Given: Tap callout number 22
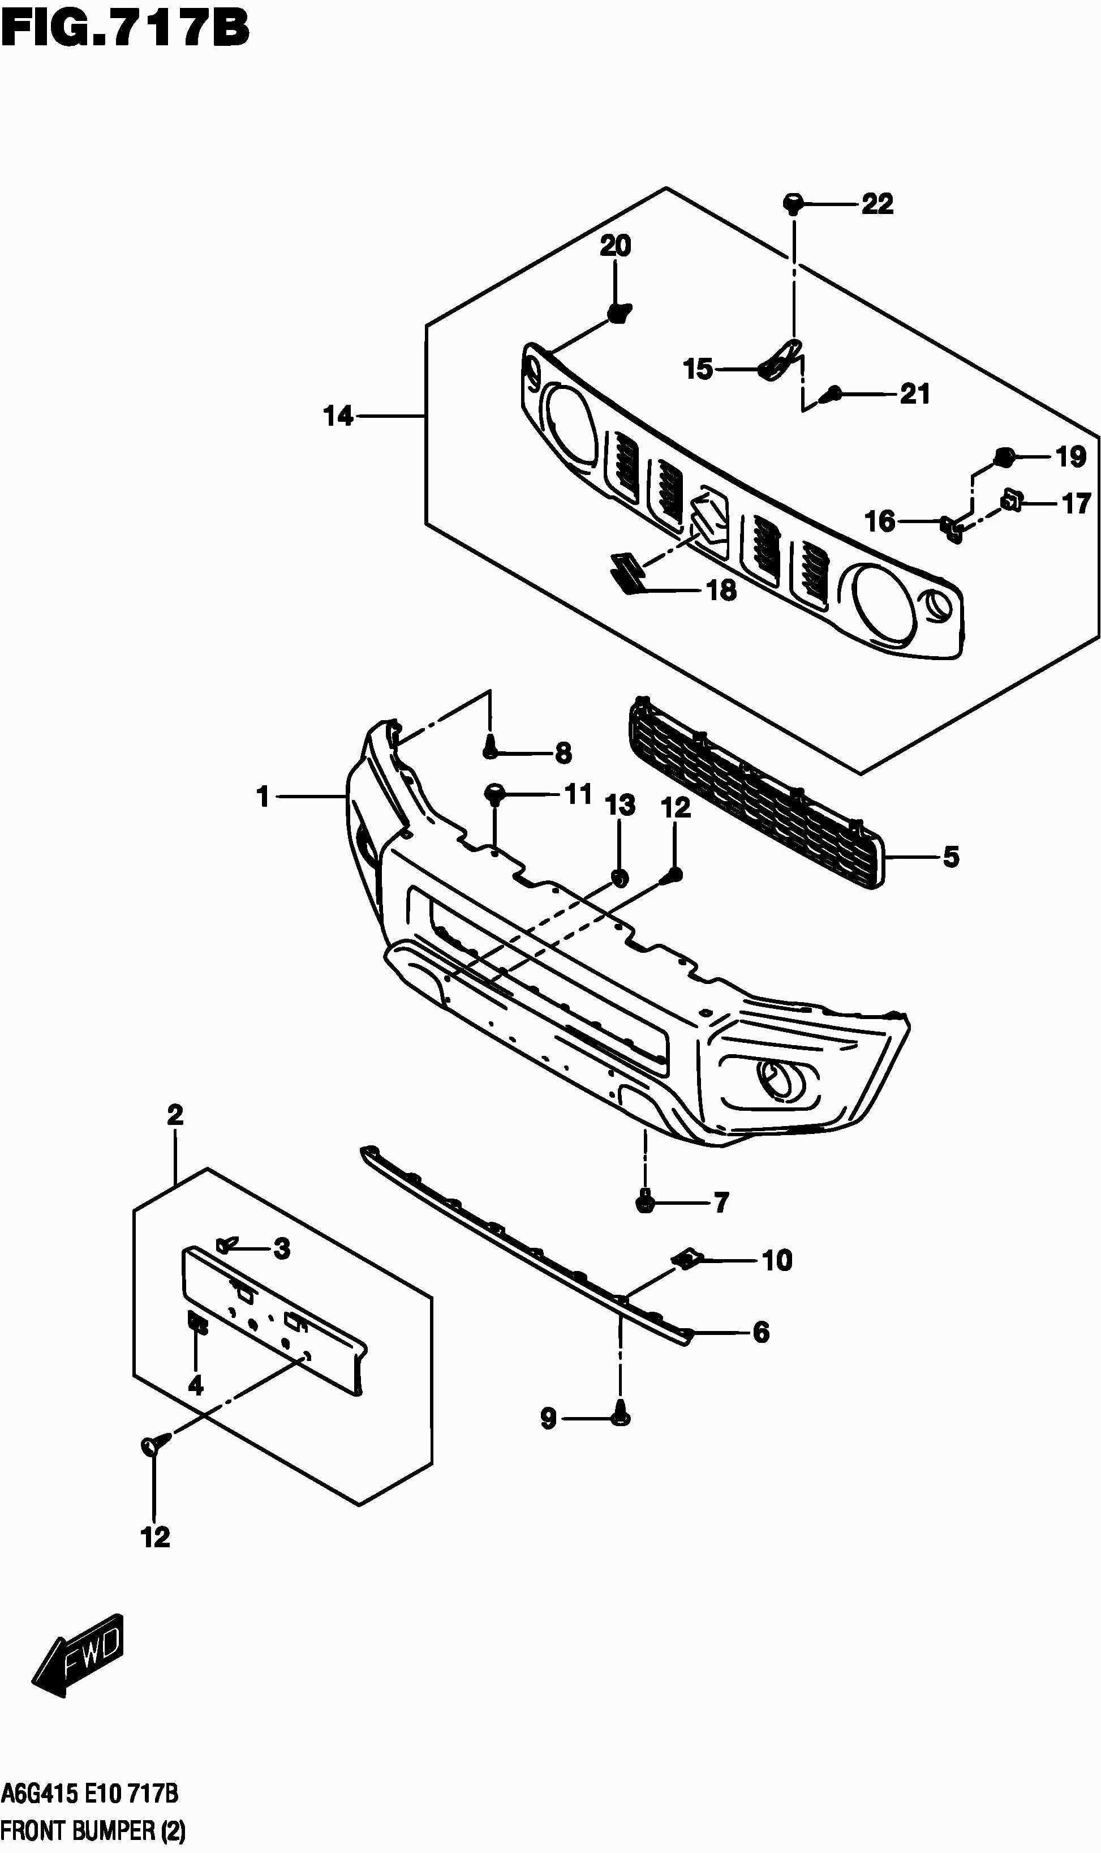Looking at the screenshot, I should [x=877, y=204].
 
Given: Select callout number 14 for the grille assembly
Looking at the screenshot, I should [x=338, y=417].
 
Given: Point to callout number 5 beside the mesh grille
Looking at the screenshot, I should [x=951, y=858].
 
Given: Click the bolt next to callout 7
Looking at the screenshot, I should [x=646, y=1202].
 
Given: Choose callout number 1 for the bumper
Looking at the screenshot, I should [x=263, y=797].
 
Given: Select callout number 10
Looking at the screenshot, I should [x=777, y=1261].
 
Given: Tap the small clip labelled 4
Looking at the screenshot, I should [x=197, y=1321].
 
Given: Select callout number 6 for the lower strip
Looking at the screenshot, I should [x=761, y=1333].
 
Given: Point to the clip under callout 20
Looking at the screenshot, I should [x=617, y=314].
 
